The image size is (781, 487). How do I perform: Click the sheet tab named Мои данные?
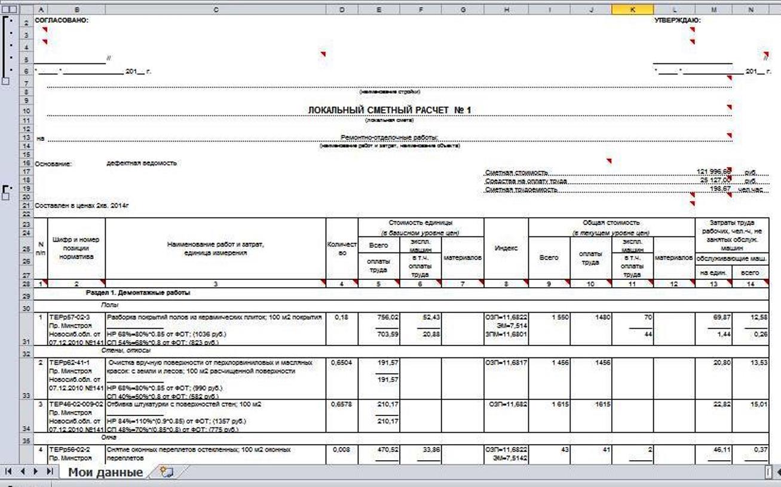click(x=105, y=473)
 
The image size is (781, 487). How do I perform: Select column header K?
click(x=633, y=10)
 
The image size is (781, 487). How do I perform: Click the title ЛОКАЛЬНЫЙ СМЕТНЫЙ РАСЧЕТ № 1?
click(x=390, y=110)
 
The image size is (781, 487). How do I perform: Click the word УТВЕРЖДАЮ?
click(x=678, y=20)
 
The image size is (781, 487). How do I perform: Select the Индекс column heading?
click(x=506, y=248)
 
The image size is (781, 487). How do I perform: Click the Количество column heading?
click(x=341, y=248)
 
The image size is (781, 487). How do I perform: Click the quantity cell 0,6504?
click(x=341, y=362)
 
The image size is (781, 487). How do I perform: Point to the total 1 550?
click(x=559, y=317)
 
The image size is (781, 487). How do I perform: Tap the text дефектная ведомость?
click(x=142, y=163)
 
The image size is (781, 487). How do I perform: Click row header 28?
click(x=26, y=283)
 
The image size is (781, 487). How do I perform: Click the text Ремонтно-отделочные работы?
click(x=390, y=138)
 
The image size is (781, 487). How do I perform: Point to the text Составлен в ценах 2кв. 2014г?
click(x=82, y=206)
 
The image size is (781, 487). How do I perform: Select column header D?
click(x=341, y=10)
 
